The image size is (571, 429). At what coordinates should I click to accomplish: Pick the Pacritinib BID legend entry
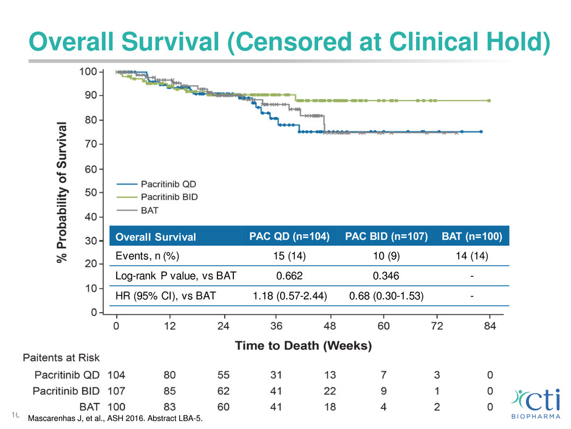coord(177,197)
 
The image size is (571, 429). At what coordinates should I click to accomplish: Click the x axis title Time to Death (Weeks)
coord(303,346)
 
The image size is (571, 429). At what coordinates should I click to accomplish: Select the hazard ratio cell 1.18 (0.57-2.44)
coord(289,296)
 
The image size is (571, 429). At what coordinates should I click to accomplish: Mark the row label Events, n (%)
coord(149,256)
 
